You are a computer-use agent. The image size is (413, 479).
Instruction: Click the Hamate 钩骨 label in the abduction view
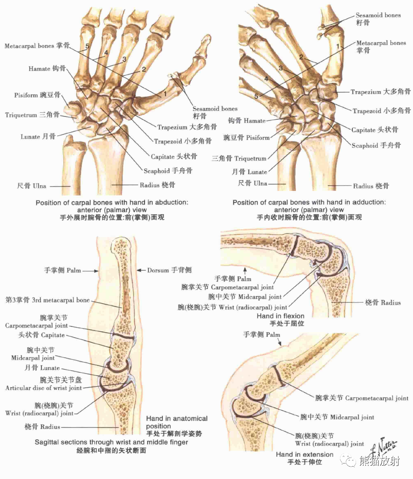47,69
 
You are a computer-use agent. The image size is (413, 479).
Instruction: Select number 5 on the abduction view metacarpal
88,46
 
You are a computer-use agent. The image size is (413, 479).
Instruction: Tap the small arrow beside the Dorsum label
140,270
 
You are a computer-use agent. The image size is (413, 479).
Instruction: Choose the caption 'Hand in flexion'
280,316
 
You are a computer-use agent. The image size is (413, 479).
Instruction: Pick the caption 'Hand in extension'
304,455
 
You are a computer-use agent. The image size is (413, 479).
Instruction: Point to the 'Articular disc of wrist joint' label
43,388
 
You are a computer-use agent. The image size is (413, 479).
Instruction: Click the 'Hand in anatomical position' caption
177,422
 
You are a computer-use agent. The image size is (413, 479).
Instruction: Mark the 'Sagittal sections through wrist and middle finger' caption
111,442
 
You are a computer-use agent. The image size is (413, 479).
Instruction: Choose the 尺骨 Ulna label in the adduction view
252,183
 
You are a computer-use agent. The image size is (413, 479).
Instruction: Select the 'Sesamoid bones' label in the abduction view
215,108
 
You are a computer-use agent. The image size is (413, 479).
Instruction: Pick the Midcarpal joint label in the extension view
337,417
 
